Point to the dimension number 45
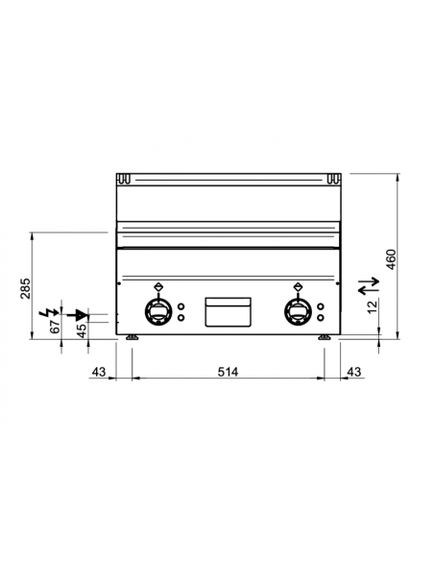81,329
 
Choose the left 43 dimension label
97,372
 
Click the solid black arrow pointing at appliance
82,313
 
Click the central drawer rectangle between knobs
227,310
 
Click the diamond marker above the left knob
157,285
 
